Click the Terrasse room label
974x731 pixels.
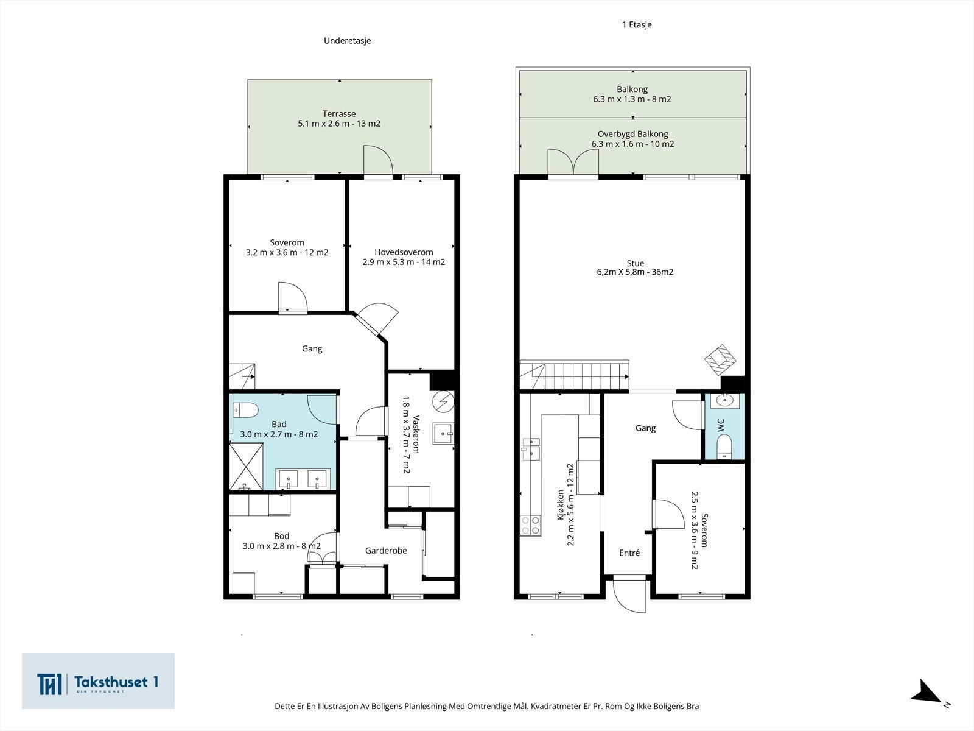click(339, 114)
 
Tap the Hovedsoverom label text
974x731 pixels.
click(404, 252)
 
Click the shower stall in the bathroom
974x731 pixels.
click(247, 467)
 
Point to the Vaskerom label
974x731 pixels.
click(416, 434)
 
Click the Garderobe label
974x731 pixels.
click(386, 551)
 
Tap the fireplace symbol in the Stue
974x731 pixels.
click(720, 361)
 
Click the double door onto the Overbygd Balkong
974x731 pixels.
click(573, 162)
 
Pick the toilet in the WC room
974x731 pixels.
click(724, 447)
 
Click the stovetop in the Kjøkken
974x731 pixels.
click(530, 526)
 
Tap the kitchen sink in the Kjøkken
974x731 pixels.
click(531, 449)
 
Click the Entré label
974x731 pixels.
click(629, 553)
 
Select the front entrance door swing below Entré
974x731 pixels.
click(629, 596)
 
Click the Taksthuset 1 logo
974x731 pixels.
click(98, 681)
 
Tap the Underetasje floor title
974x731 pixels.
click(347, 41)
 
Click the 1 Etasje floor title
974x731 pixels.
click(637, 25)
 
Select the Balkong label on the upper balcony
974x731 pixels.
click(632, 89)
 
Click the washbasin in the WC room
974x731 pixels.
click(724, 401)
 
